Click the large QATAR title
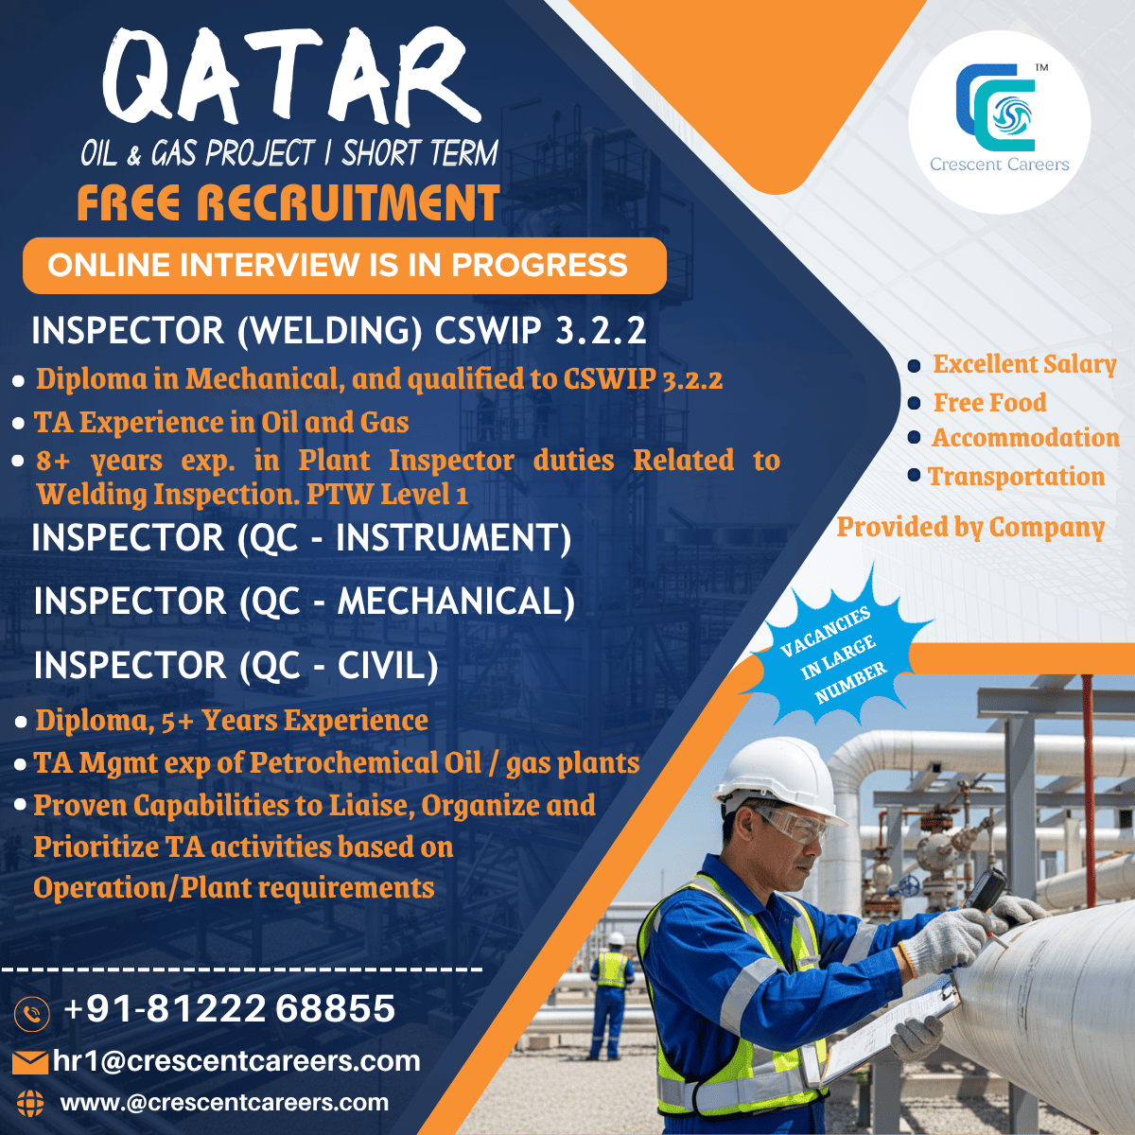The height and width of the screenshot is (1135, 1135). pyautogui.click(x=292, y=77)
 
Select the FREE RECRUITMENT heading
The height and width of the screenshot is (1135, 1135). pyautogui.click(x=288, y=202)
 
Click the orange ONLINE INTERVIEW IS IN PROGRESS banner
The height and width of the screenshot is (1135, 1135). pyautogui.click(x=344, y=266)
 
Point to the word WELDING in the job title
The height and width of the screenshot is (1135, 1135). pyautogui.click(x=330, y=330)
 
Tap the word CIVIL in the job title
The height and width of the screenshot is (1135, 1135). pyautogui.click(x=387, y=666)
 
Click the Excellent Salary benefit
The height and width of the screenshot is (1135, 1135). pyautogui.click(x=1024, y=364)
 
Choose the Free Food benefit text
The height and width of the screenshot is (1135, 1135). pyautogui.click(x=989, y=403)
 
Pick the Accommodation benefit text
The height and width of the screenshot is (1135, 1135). pyautogui.click(x=1025, y=438)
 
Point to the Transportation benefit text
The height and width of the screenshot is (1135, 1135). pyautogui.click(x=1016, y=477)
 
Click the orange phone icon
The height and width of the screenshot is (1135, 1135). pyautogui.click(x=32, y=1013)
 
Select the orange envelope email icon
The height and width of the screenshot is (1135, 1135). pyautogui.click(x=30, y=1062)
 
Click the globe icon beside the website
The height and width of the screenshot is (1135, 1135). pyautogui.click(x=30, y=1103)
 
